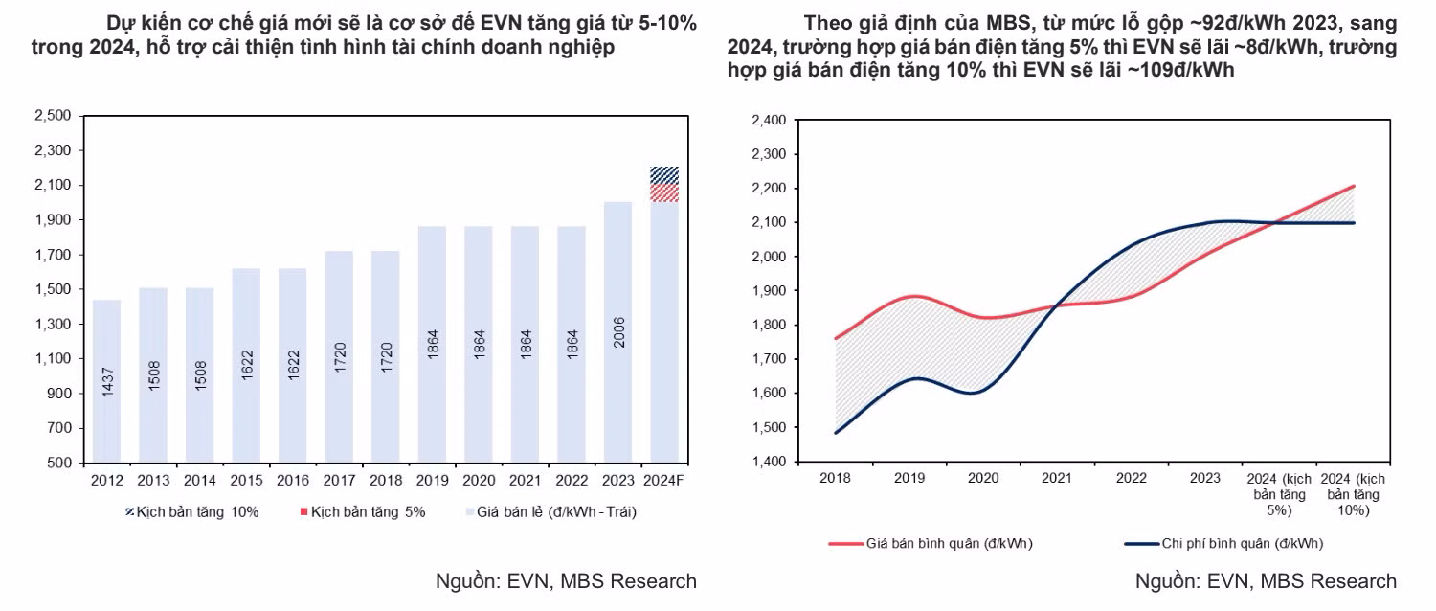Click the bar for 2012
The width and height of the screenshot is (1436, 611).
(x=106, y=381)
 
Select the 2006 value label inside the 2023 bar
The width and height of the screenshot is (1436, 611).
(x=618, y=332)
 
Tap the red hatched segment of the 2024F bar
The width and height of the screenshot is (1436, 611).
(x=664, y=193)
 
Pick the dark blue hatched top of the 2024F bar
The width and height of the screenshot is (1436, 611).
(x=664, y=175)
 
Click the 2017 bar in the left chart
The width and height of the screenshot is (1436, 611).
(x=339, y=356)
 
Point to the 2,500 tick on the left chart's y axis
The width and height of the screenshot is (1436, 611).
(x=53, y=116)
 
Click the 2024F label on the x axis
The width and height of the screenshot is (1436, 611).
(x=663, y=480)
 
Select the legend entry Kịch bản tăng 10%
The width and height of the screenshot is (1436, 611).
(x=192, y=511)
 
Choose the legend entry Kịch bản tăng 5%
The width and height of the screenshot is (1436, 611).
(x=362, y=511)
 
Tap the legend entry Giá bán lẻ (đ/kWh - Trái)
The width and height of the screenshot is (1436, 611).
(x=551, y=511)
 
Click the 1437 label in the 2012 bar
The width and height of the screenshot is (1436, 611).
(x=107, y=381)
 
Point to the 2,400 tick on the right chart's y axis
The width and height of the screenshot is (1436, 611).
(x=769, y=120)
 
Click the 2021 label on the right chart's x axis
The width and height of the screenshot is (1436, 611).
(x=1057, y=478)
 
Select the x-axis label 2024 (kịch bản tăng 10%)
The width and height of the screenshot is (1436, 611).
(x=1353, y=494)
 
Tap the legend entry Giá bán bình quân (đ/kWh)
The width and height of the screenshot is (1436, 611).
(x=931, y=544)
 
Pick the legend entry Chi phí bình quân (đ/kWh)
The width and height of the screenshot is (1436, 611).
(x=1223, y=544)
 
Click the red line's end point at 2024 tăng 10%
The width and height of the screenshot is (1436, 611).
(x=1354, y=187)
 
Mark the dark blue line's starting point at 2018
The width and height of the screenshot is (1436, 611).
(x=836, y=433)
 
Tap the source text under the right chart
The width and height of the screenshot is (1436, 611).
(x=1266, y=581)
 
